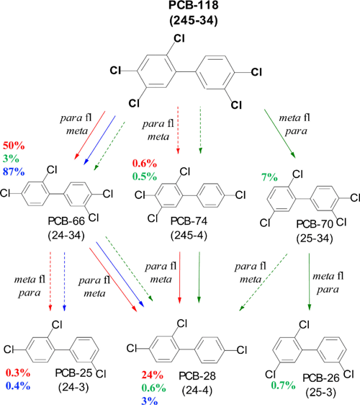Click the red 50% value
(x=15, y=146)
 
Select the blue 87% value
(x=15, y=171)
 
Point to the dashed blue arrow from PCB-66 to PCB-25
(x=66, y=280)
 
